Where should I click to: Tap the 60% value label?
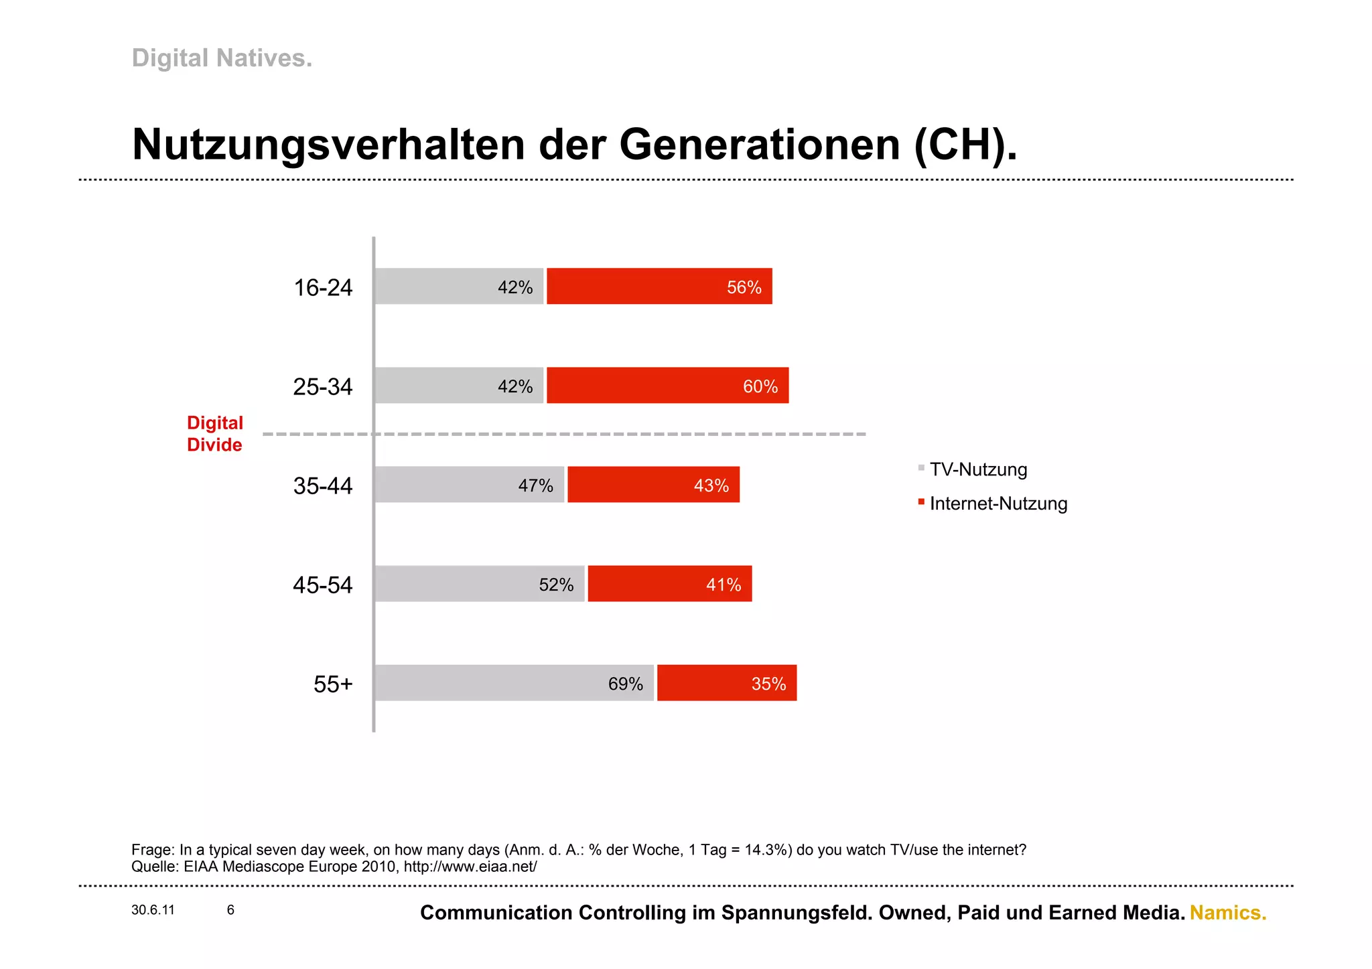(760, 386)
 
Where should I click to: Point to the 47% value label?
(535, 486)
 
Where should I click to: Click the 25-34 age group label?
(322, 387)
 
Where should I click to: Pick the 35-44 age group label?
(322, 486)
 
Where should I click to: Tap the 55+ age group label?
(332, 684)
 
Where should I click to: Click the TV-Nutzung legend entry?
(977, 469)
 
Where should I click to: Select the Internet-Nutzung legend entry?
(998, 504)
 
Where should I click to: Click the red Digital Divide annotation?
(214, 434)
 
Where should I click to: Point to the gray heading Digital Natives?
(222, 58)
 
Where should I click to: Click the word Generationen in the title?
(759, 145)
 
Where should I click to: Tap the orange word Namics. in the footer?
(1227, 913)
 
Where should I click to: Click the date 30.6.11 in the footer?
(153, 910)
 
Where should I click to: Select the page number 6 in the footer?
(230, 910)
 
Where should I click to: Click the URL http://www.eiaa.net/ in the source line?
(470, 867)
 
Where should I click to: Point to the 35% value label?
(768, 684)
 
